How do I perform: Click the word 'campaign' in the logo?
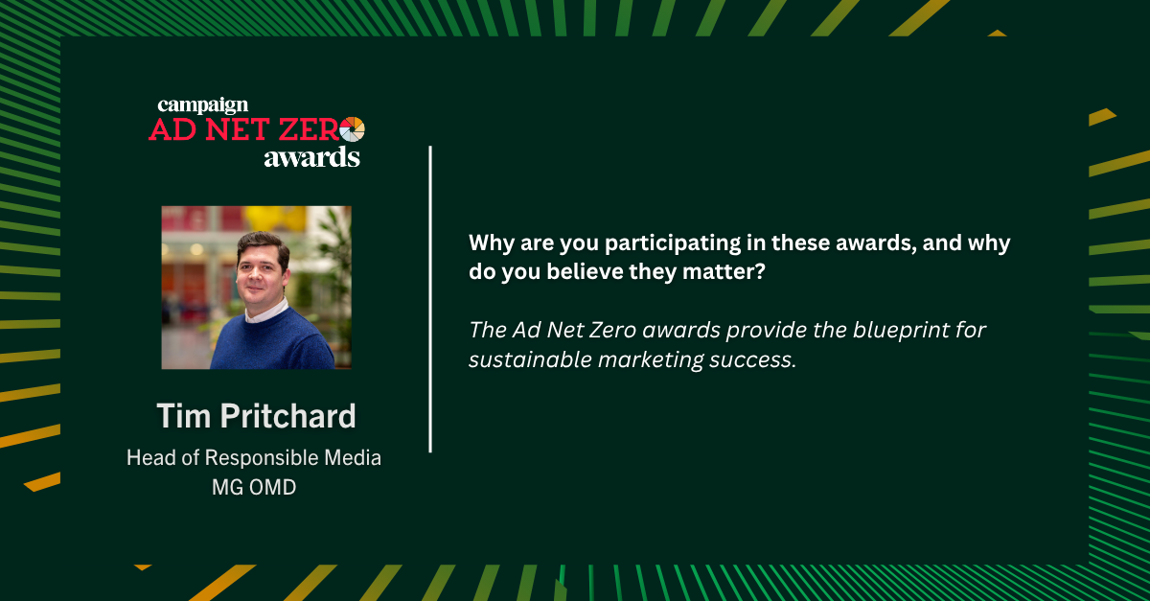(x=203, y=106)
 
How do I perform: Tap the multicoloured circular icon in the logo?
(x=353, y=129)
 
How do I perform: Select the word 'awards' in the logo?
(x=312, y=157)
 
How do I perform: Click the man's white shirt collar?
(x=267, y=310)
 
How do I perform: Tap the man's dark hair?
(x=264, y=244)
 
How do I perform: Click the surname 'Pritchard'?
(x=288, y=416)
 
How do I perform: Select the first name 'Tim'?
(x=184, y=416)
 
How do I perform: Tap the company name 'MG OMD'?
(x=254, y=487)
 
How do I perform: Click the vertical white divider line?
(x=430, y=299)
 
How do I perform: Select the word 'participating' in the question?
(x=673, y=243)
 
